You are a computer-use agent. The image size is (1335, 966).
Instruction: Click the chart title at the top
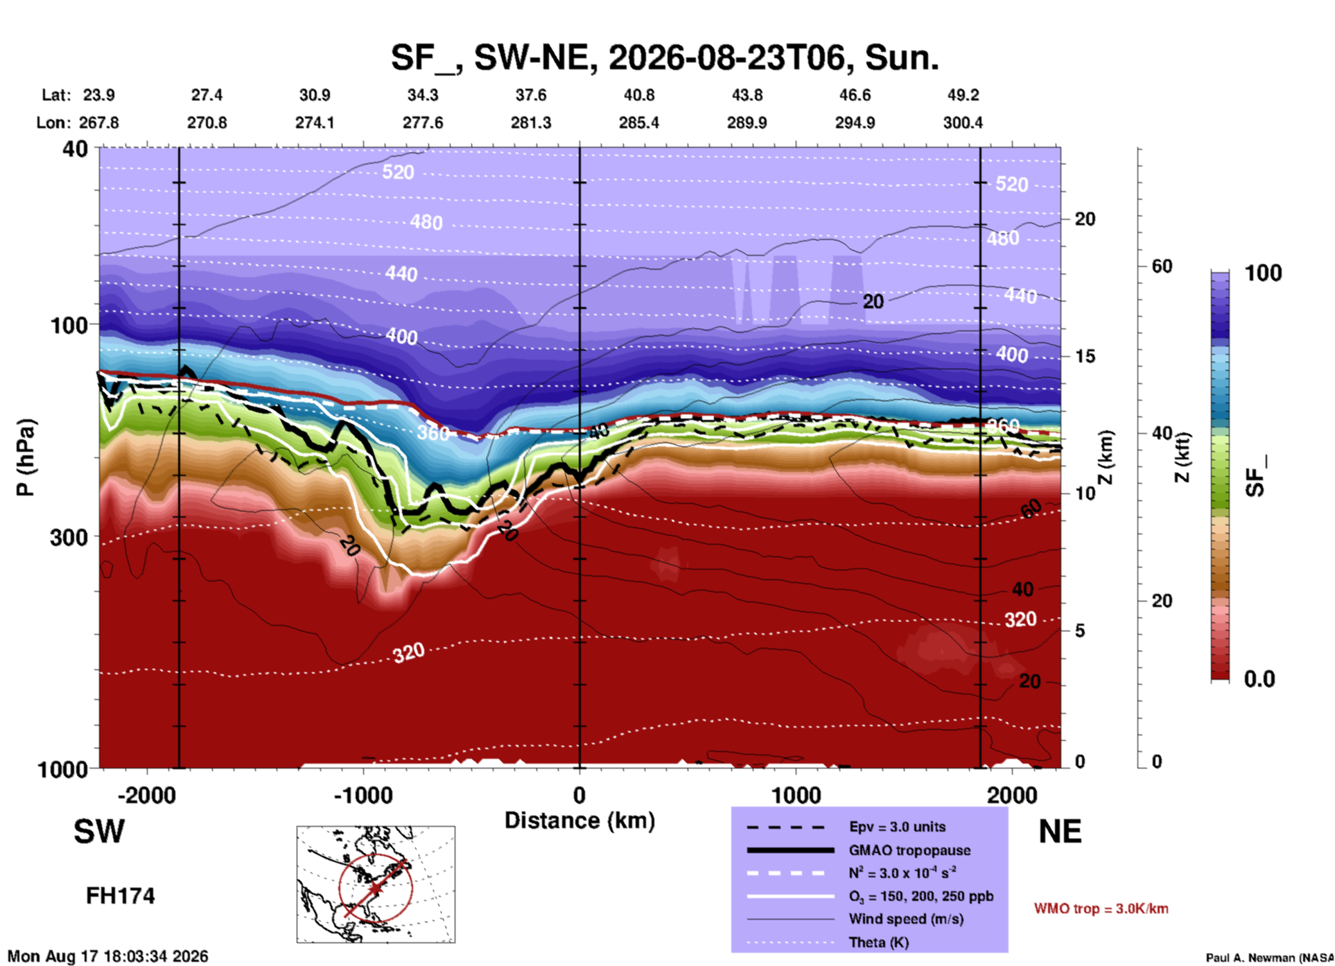[x=665, y=58]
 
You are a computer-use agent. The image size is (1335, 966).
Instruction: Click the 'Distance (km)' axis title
[x=579, y=820]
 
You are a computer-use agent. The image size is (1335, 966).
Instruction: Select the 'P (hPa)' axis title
[x=26, y=457]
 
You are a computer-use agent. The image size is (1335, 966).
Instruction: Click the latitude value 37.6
[x=531, y=95]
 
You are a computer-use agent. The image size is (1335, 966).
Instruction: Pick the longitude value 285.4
[x=639, y=123]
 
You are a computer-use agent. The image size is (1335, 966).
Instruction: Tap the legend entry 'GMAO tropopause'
[x=909, y=850]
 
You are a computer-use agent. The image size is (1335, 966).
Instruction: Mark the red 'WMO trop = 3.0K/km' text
[x=1101, y=908]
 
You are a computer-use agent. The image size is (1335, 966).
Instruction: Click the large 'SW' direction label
[x=99, y=832]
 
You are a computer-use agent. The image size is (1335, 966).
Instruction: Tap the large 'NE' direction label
[x=1060, y=832]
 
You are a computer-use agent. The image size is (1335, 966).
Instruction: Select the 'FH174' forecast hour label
[x=121, y=896]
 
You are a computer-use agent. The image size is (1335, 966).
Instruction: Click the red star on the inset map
[x=375, y=888]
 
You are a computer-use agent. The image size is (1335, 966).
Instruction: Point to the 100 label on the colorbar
[x=1263, y=273]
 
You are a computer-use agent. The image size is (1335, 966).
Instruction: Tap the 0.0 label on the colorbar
[x=1259, y=679]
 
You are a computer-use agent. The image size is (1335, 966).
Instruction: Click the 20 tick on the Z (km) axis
[x=1085, y=219]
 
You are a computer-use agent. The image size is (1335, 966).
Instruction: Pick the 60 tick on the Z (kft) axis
[x=1162, y=266]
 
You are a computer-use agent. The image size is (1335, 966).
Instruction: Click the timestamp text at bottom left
[x=108, y=956]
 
